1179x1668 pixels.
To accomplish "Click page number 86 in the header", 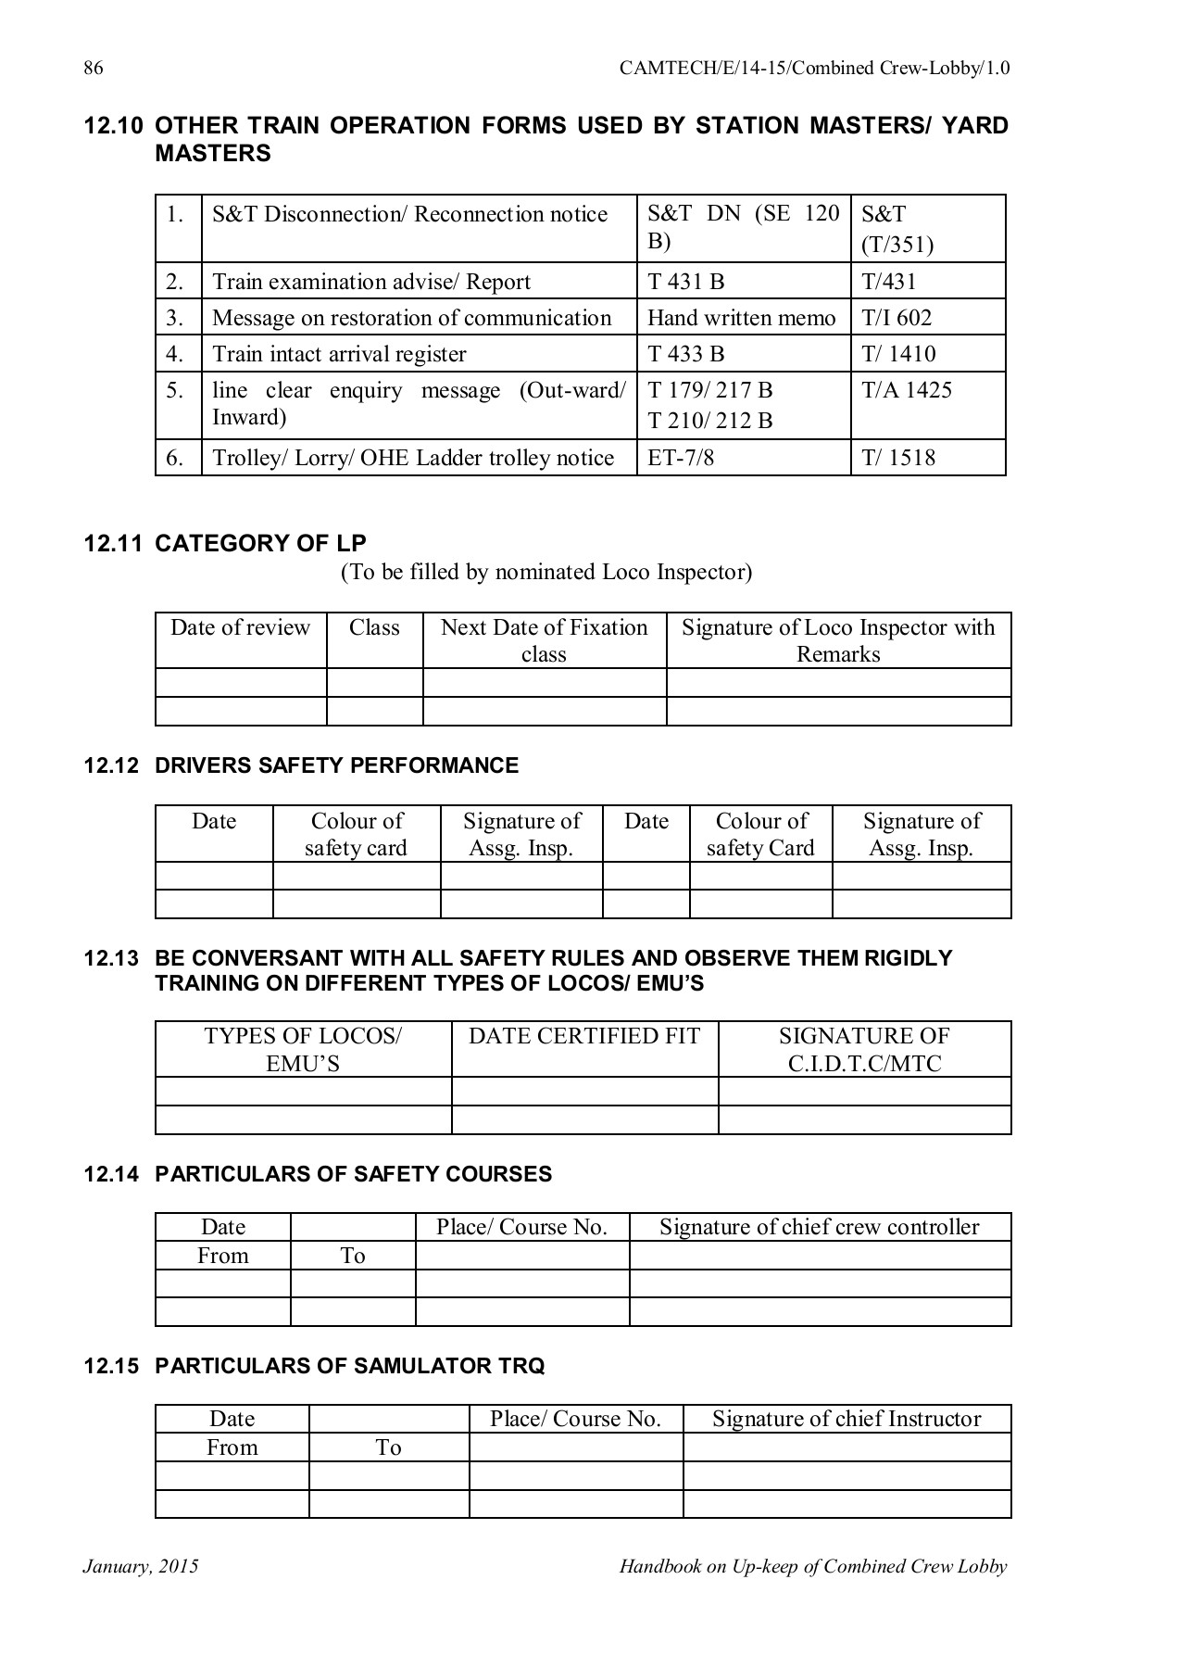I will [93, 69].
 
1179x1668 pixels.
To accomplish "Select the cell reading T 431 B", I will [685, 282].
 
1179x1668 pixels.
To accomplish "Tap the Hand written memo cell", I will [741, 318].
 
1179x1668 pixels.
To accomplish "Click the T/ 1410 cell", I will [898, 354].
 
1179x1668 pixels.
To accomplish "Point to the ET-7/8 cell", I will [681, 458].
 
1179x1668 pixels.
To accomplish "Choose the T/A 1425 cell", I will [907, 390].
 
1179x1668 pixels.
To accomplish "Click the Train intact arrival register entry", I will [339, 354].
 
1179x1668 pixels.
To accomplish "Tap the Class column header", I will [374, 628].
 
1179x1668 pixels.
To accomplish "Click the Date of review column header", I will [240, 628].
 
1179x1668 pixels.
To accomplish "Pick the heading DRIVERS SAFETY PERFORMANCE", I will [336, 765].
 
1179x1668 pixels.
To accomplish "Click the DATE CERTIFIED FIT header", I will [584, 1036].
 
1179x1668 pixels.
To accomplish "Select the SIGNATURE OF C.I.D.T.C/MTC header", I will [864, 1049].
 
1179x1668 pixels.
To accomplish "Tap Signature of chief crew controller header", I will [819, 1227].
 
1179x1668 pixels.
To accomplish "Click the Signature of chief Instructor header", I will [846, 1419].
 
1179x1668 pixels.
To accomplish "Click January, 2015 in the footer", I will [141, 1567].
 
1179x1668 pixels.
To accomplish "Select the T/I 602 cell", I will [897, 318].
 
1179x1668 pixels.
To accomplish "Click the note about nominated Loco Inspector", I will [546, 572].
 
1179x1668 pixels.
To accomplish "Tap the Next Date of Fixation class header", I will [544, 640].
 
